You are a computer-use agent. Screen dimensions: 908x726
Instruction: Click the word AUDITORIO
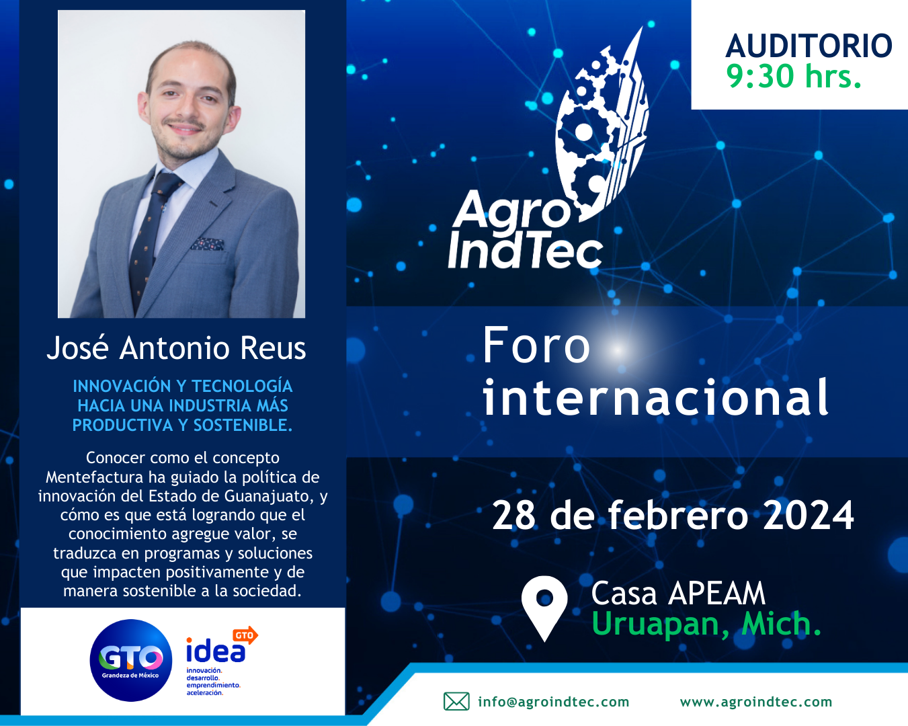click(x=809, y=46)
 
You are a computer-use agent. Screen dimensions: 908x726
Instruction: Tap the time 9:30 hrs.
click(x=793, y=76)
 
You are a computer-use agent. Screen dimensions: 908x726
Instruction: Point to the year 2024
click(x=809, y=516)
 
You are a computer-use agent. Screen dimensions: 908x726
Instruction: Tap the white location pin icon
click(x=544, y=608)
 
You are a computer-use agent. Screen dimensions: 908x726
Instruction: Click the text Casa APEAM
click(x=678, y=593)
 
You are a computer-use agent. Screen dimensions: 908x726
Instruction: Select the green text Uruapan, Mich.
click(x=706, y=624)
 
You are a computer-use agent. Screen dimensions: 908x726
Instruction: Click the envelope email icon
click(x=456, y=702)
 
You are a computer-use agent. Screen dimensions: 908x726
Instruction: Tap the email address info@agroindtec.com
click(x=554, y=702)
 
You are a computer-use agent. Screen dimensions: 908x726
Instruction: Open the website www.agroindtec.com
click(x=756, y=702)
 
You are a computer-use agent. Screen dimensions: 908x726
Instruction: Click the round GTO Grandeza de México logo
click(x=131, y=661)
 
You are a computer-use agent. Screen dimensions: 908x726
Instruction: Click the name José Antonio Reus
click(x=176, y=348)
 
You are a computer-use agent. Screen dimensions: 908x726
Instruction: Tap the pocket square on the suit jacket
click(x=207, y=244)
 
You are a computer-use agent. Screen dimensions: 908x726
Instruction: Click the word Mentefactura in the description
click(x=95, y=477)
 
